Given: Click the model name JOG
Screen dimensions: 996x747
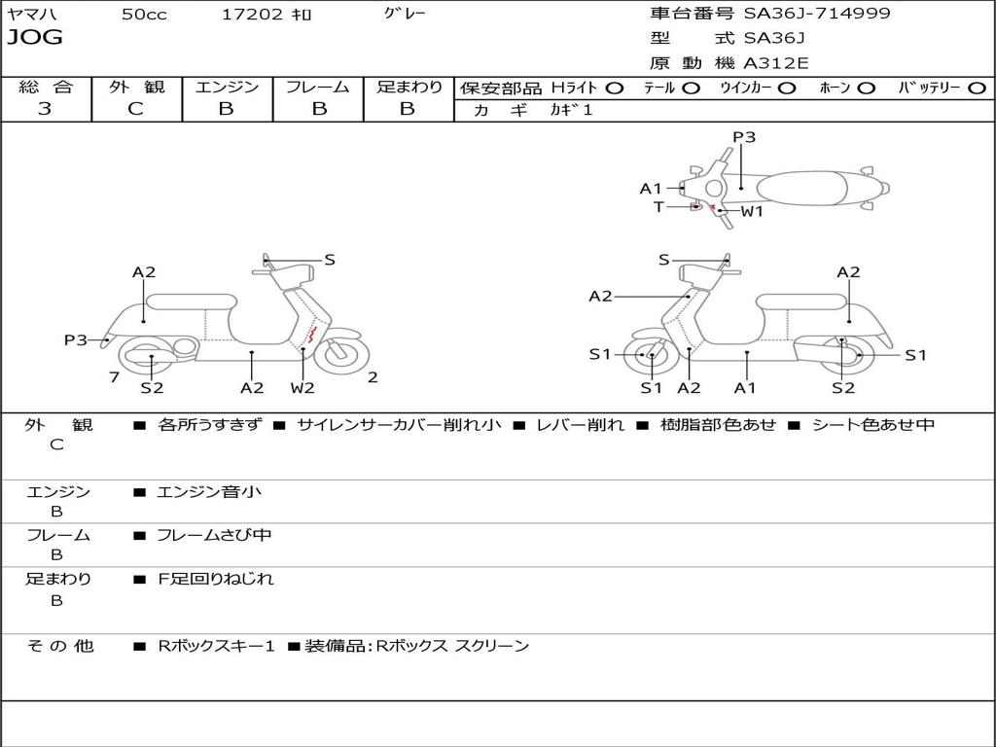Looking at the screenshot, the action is [x=35, y=38].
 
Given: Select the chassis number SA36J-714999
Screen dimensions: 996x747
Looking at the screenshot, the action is [x=817, y=13].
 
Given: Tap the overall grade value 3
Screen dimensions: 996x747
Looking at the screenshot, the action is [x=45, y=108].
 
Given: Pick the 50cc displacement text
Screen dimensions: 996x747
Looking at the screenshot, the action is [x=144, y=15].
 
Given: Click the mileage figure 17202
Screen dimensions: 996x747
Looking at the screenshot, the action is [x=252, y=14].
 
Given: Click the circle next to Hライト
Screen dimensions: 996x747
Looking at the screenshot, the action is [x=615, y=89].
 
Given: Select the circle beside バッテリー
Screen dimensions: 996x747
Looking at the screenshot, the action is [x=977, y=89].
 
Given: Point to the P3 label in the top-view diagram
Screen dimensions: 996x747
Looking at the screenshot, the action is [x=744, y=136].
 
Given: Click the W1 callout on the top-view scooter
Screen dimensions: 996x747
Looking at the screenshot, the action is [x=752, y=211].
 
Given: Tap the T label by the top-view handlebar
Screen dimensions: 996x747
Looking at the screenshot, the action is [x=658, y=207].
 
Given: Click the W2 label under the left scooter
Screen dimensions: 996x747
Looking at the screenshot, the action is [x=302, y=387].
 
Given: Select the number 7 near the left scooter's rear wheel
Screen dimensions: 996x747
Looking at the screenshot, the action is [x=115, y=377].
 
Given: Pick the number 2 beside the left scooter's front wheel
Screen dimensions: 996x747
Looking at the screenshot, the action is [x=373, y=377].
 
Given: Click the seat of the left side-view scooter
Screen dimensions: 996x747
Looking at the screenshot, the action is [x=192, y=301].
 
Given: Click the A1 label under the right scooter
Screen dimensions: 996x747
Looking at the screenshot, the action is [x=744, y=387].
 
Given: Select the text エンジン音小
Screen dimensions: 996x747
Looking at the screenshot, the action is [x=209, y=491].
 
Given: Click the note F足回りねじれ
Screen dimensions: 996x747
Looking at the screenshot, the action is [x=215, y=579].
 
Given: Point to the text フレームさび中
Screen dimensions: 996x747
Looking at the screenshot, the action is [x=214, y=535].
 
